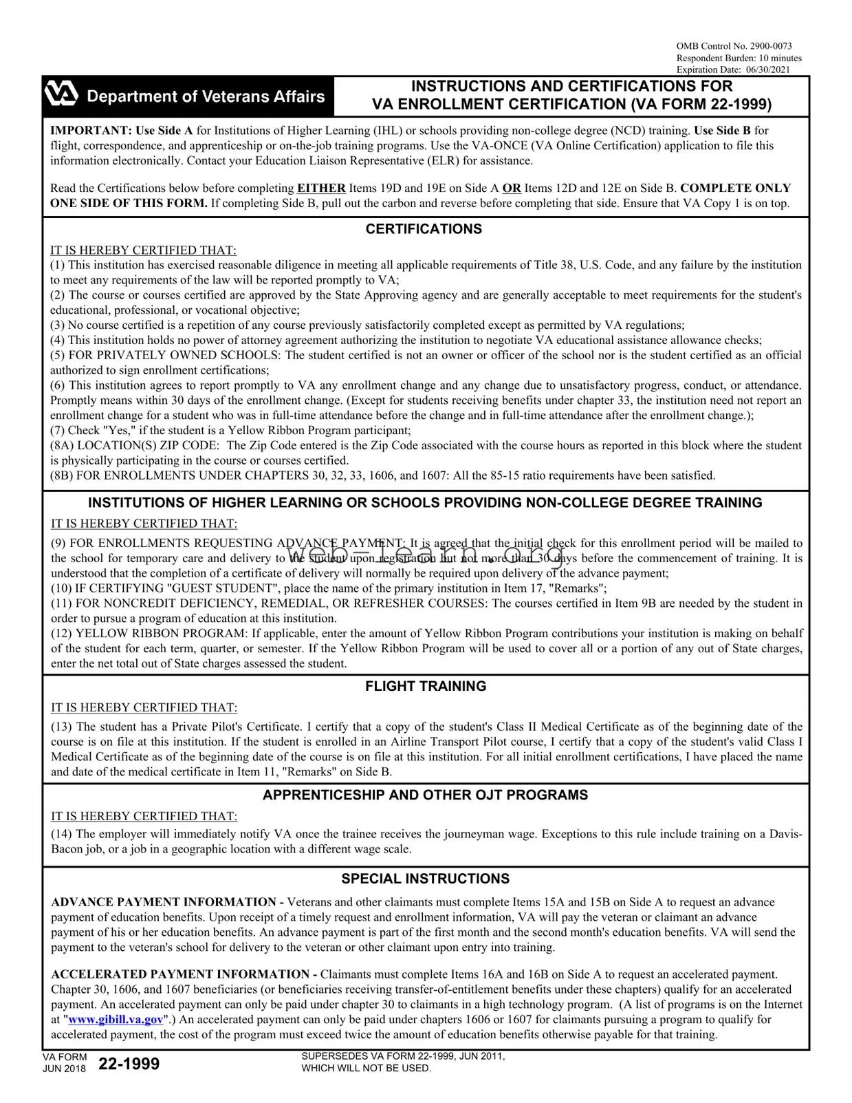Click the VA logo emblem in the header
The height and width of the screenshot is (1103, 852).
(61, 95)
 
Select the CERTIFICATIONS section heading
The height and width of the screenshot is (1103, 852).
(424, 229)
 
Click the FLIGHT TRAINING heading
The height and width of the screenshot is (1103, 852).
(426, 686)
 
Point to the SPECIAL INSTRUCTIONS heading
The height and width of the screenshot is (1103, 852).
(426, 879)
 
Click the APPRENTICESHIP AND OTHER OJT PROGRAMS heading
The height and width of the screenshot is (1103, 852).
(425, 795)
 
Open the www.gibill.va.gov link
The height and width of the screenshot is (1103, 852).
(116, 1019)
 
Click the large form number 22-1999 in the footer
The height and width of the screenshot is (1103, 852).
(129, 1064)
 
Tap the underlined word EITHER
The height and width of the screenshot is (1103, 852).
(321, 188)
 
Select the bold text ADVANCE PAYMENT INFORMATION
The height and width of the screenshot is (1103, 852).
(163, 902)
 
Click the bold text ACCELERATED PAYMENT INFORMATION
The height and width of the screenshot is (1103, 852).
(180, 974)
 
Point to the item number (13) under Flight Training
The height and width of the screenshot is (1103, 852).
(62, 727)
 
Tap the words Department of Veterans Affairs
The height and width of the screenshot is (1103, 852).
(206, 96)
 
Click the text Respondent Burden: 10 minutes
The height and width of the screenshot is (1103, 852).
(739, 58)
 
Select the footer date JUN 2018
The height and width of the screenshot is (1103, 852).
(64, 1069)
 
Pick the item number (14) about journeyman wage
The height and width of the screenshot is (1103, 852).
(62, 834)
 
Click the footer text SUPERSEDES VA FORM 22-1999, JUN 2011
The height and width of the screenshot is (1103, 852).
(403, 1056)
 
